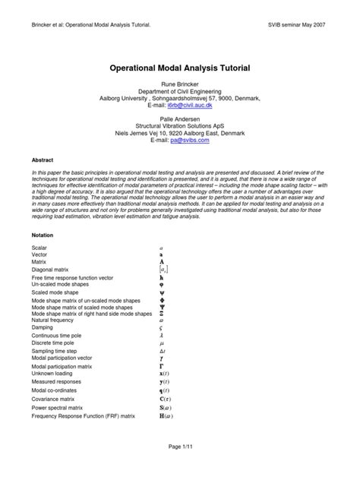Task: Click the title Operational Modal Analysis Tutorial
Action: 181,68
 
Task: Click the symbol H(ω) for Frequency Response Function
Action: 165,416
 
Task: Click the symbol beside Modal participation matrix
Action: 161,365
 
